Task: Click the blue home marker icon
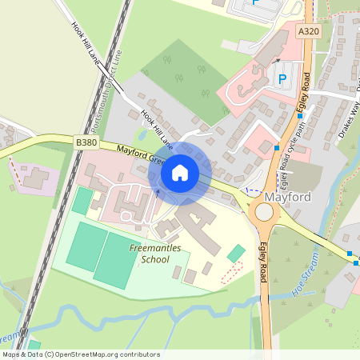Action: pos(180,172)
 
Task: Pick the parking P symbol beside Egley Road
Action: pos(282,78)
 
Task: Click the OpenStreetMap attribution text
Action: pos(80,354)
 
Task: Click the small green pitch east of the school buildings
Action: pos(236,254)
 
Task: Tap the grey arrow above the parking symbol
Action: pos(277,59)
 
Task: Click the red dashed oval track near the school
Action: pos(230,270)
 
